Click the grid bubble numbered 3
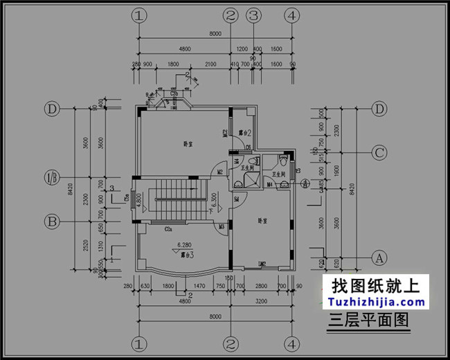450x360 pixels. tap(254, 15)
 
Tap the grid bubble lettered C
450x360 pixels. tap(379, 152)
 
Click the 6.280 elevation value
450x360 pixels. tap(184, 244)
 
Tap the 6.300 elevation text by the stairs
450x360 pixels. tap(215, 201)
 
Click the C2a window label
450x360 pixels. tap(168, 228)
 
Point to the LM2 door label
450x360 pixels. tap(263, 264)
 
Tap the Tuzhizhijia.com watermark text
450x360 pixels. tap(379, 302)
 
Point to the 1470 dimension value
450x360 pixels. tap(199, 285)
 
